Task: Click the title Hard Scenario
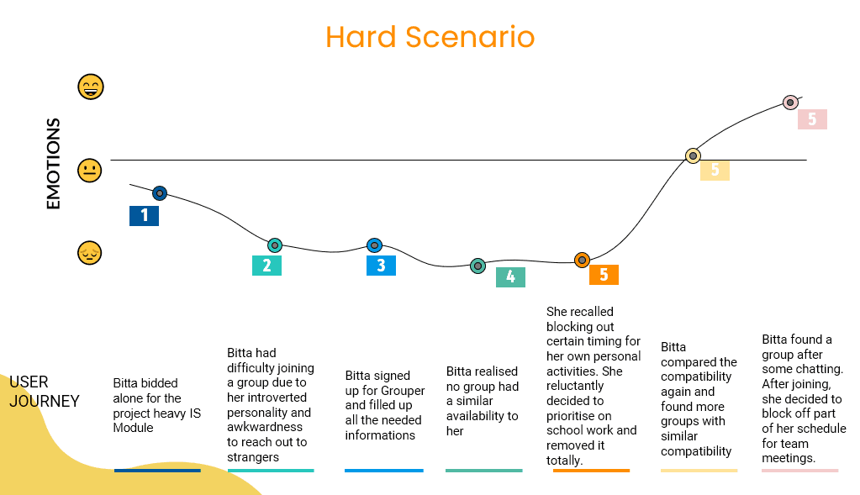coord(430,37)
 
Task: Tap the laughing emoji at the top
coord(90,87)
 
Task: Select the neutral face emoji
coord(89,171)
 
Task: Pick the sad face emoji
coord(89,252)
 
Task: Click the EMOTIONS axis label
coord(53,164)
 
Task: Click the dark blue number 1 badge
coord(144,216)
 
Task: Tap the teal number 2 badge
coord(266,266)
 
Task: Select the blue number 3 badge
coord(381,266)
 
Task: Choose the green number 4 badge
coord(510,277)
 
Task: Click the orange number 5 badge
coord(604,275)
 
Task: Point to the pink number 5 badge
coord(812,119)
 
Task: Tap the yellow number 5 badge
coord(715,171)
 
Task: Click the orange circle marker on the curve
coord(582,260)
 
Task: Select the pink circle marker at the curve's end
coord(790,103)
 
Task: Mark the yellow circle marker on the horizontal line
coord(693,155)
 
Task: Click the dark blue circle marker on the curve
coord(160,193)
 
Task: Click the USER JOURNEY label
coord(44,392)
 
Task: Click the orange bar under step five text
coord(591,471)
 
